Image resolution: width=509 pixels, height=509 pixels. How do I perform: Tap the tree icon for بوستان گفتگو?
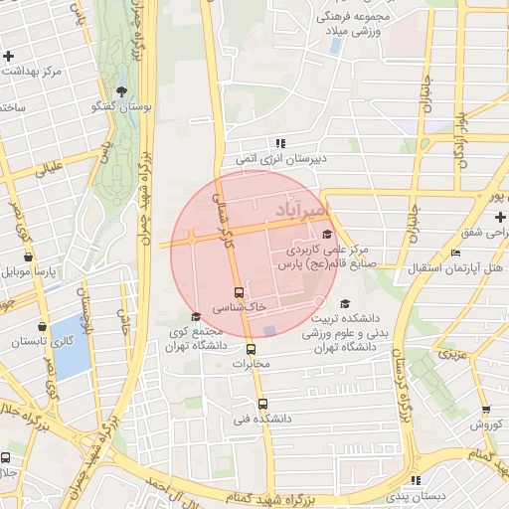click(x=122, y=92)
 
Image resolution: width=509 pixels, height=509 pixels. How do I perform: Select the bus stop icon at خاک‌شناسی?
click(x=239, y=292)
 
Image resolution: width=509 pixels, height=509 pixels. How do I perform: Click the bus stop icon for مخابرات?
click(x=251, y=349)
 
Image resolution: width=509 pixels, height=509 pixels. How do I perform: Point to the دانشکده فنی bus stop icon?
click(x=262, y=404)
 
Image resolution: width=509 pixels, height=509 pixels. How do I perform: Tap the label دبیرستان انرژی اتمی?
click(x=281, y=158)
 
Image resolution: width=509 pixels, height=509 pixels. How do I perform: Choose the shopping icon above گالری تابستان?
click(x=41, y=325)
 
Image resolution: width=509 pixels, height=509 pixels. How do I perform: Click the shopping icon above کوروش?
click(x=485, y=409)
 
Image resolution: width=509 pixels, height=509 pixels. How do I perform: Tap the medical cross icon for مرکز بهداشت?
click(x=8, y=56)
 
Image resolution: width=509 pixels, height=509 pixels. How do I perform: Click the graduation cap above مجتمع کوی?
click(x=195, y=317)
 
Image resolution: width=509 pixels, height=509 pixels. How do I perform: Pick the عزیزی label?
click(x=451, y=353)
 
